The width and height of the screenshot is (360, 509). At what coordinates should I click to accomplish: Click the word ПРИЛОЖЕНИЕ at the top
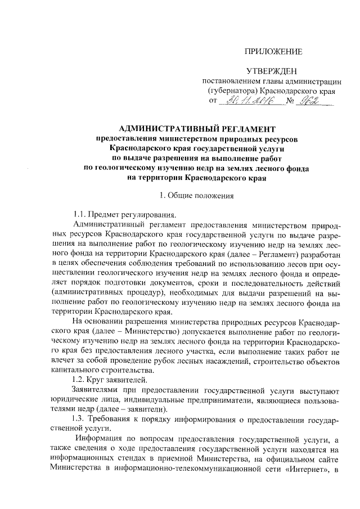274,52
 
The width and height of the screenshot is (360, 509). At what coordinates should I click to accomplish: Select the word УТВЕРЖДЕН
271,71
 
